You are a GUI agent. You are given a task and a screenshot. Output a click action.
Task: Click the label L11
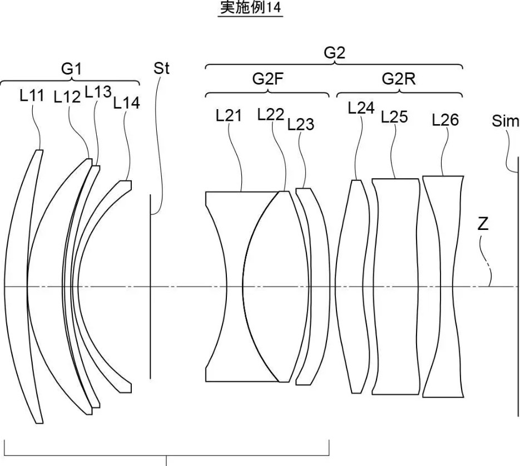pos(32,96)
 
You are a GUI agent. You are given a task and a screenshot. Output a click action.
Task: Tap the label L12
pos(67,97)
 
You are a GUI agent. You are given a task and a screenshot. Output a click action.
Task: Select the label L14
pos(126,103)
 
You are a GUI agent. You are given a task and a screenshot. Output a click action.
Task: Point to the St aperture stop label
pos(161,68)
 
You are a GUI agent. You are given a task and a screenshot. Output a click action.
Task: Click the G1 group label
pos(71,69)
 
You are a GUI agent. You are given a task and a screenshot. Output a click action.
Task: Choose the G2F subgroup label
pos(268,79)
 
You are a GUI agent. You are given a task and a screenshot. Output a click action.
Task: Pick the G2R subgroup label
pos(399,79)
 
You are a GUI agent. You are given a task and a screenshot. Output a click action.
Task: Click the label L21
pos(229,115)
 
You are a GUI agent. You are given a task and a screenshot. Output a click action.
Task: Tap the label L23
pos(300,125)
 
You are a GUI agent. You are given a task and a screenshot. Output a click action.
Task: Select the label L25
pos(394,117)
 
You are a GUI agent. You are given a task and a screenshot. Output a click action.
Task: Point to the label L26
pos(445,120)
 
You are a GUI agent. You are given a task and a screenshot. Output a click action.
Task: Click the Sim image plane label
pos(505,121)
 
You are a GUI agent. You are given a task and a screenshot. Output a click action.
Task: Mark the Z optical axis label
pos(483,225)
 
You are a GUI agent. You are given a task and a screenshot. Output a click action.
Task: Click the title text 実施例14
pos(251,8)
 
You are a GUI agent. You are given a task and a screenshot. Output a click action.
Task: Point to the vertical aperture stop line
pos(150,286)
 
